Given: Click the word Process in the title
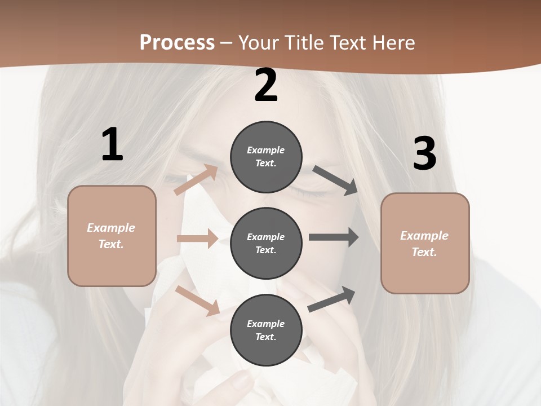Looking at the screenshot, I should click(x=177, y=42).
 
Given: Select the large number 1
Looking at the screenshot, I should click(x=112, y=144).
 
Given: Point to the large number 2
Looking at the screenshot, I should click(x=266, y=85).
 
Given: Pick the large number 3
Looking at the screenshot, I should click(x=424, y=153).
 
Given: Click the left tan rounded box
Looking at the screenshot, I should click(x=112, y=236).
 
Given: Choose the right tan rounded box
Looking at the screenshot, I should click(x=425, y=243).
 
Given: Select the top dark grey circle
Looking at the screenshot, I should click(x=266, y=157).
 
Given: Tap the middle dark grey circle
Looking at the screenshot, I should click(x=266, y=243).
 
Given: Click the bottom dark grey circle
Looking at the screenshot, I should click(x=266, y=330).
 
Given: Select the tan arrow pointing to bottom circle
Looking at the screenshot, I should click(x=198, y=300).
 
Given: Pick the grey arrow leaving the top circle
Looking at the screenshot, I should click(x=335, y=180).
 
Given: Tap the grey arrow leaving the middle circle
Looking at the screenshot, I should click(x=334, y=237).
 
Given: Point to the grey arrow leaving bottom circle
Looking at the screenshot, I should click(x=332, y=299).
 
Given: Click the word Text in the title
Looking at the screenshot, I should click(x=348, y=42).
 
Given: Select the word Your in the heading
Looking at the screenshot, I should click(x=258, y=42).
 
